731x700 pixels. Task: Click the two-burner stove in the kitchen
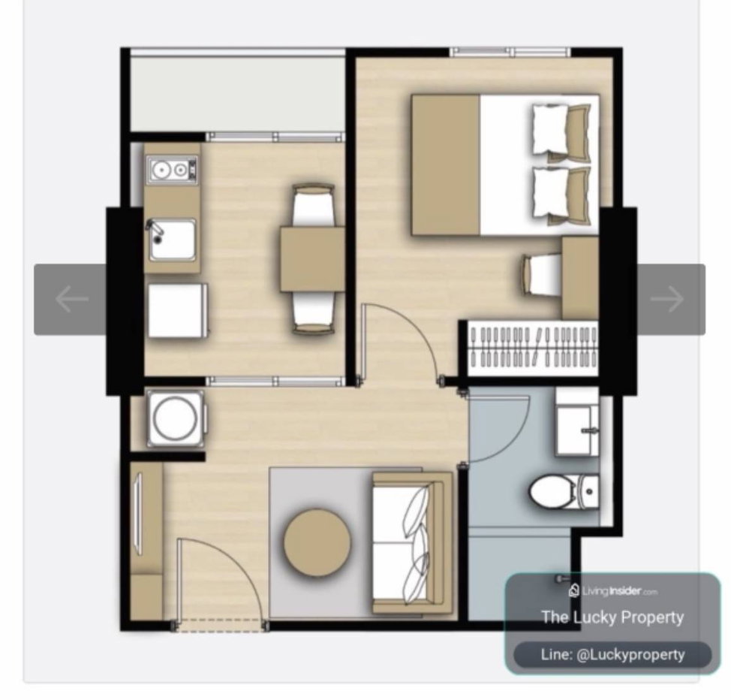(173, 170)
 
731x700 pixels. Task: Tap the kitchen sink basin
(172, 240)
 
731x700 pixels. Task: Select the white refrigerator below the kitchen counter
(178, 310)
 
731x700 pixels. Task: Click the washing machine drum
(176, 418)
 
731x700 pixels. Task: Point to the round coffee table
(317, 543)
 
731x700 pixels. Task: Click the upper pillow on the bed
(561, 130)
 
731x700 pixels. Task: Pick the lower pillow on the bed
(561, 192)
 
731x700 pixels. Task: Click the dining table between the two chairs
(312, 259)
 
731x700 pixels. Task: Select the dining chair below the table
(313, 312)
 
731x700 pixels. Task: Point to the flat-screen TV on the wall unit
(138, 514)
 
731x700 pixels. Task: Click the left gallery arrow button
(71, 299)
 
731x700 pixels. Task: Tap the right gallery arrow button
(670, 299)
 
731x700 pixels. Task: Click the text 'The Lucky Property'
(612, 617)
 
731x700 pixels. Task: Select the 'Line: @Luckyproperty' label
(612, 654)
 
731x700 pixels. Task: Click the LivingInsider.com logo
(612, 591)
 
